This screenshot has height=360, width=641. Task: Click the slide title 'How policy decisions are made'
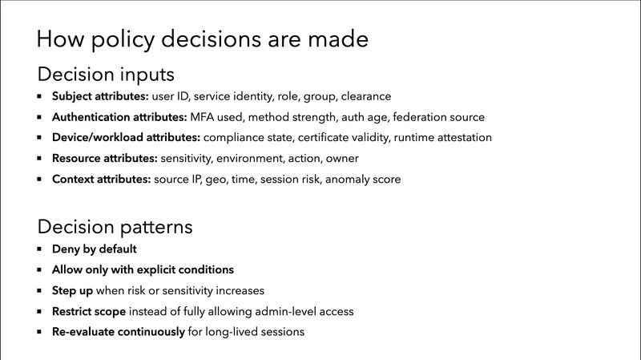pos(204,39)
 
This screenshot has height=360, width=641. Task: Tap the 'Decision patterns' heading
pos(115,227)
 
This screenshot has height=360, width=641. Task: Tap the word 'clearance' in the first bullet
pos(365,97)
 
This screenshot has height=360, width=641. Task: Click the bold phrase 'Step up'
pos(77,290)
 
